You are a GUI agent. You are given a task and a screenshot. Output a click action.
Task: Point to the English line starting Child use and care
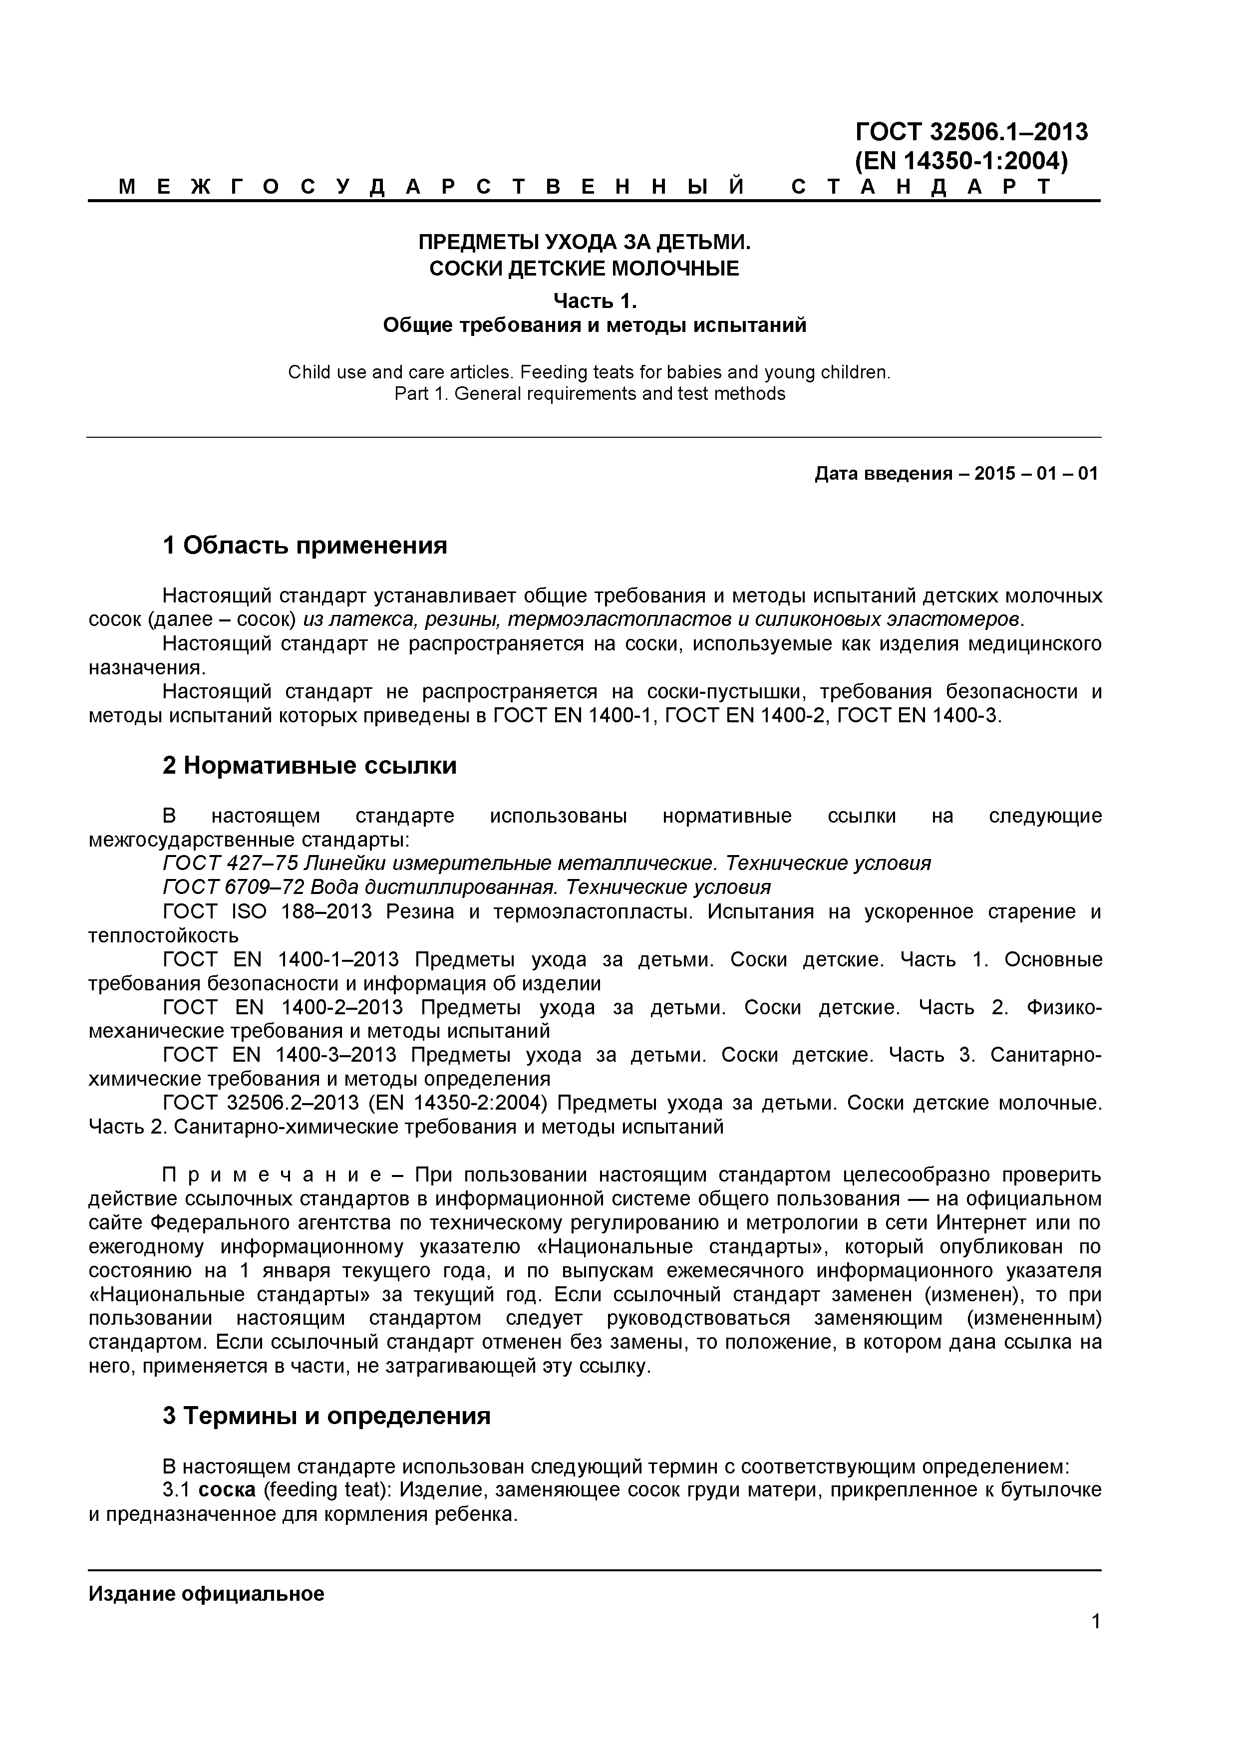coord(589,372)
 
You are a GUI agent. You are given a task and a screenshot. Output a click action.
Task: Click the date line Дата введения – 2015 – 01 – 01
coord(956,474)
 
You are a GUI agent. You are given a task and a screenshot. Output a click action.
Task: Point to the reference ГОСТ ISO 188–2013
coord(267,911)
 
